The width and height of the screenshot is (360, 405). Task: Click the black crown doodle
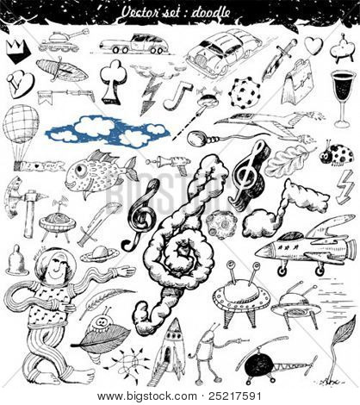click(18, 52)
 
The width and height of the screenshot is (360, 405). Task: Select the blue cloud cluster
click(108, 132)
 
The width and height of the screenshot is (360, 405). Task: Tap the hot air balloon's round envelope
click(21, 124)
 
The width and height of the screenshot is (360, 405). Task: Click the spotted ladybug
click(337, 155)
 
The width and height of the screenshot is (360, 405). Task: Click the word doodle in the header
click(210, 13)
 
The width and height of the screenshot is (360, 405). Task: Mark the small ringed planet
click(100, 253)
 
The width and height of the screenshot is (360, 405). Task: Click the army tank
click(61, 42)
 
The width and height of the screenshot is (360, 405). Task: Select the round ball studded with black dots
click(244, 93)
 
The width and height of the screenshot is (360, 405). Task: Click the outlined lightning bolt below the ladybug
click(344, 187)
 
